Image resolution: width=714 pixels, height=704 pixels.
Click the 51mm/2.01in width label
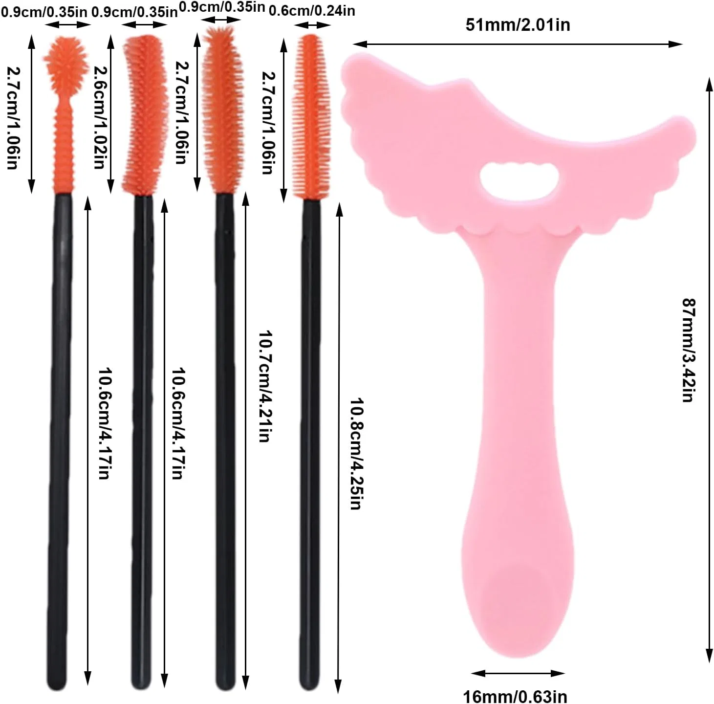pos(518,25)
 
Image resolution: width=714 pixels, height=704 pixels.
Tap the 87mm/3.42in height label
pos(689,350)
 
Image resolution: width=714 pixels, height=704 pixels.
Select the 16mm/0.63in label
pos(515,696)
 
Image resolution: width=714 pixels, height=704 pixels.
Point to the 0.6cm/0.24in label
pos(312,11)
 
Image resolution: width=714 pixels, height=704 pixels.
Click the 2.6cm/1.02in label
pos(100,117)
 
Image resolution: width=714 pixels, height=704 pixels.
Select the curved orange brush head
pos(145,115)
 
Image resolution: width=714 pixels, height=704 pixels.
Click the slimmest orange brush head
pos(311,117)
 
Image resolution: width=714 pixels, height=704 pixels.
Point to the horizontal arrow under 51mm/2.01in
pos(518,44)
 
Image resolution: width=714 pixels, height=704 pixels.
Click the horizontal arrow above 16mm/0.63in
pos(518,673)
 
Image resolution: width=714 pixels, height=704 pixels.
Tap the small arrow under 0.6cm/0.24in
pos(312,25)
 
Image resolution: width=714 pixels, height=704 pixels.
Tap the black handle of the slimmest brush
pos(310,445)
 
